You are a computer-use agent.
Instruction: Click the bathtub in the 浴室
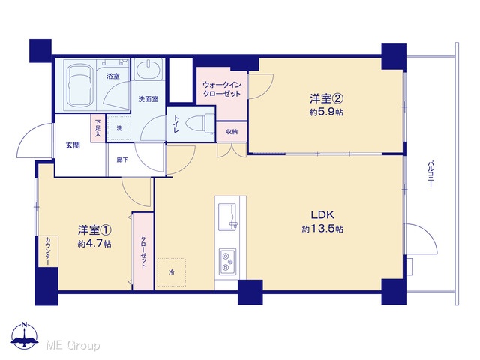coord(80,85)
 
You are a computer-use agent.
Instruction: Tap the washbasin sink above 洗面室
coord(148,70)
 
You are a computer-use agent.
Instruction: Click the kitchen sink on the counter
coord(228,217)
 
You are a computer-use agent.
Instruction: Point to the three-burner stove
coord(227,262)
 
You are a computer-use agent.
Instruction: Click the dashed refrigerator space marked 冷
coord(172,272)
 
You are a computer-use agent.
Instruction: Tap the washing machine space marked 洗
coord(118,128)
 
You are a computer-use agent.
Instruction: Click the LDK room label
coord(322,215)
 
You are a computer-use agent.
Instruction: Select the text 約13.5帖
coord(322,229)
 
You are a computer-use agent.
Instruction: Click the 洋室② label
coord(326,98)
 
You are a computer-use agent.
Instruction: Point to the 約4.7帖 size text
coord(94,244)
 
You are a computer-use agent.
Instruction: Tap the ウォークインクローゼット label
coord(222,89)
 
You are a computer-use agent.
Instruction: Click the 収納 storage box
coord(232,132)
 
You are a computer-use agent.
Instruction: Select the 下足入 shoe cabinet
coord(97,128)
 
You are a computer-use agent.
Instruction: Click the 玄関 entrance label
coord(73,145)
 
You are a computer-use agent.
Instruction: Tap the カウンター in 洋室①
coord(48,251)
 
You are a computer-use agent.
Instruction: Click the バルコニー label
coord(430,174)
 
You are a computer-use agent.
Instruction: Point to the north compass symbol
coord(25,336)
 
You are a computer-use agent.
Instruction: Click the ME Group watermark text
coord(73,345)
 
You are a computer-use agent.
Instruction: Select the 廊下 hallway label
coord(122,160)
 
